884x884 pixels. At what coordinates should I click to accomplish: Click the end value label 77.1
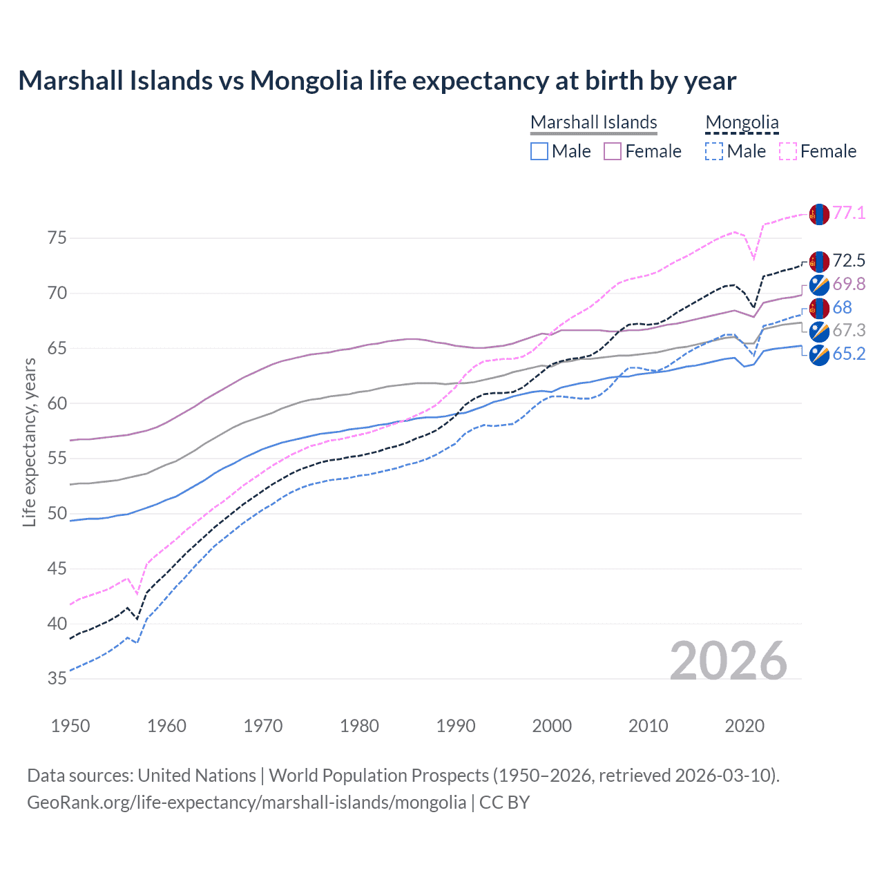[849, 213]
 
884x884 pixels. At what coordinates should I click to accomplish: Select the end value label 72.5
[849, 261]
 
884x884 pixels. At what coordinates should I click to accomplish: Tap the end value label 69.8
[849, 285]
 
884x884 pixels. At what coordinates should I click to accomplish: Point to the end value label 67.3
[849, 331]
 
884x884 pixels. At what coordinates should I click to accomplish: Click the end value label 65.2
[849, 354]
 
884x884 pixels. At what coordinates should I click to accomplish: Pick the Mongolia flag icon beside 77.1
[819, 214]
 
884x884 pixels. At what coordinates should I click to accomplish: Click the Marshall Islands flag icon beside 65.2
[819, 355]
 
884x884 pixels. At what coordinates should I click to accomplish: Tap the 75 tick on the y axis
[57, 238]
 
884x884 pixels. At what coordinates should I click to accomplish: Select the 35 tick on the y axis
[57, 679]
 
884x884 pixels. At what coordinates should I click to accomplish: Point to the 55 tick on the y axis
[57, 459]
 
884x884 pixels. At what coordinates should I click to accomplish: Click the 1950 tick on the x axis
[70, 726]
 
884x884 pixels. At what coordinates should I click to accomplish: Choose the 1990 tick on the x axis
[456, 726]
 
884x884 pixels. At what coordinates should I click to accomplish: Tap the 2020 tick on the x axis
[744, 726]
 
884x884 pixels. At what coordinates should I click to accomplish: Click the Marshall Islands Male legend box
[539, 151]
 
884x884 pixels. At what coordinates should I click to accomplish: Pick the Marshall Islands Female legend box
[613, 151]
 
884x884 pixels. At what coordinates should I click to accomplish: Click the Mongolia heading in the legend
[742, 123]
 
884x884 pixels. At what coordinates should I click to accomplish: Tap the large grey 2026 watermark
[729, 661]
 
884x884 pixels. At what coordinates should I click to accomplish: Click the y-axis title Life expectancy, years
[29, 442]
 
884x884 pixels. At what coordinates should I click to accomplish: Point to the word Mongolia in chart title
[306, 81]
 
